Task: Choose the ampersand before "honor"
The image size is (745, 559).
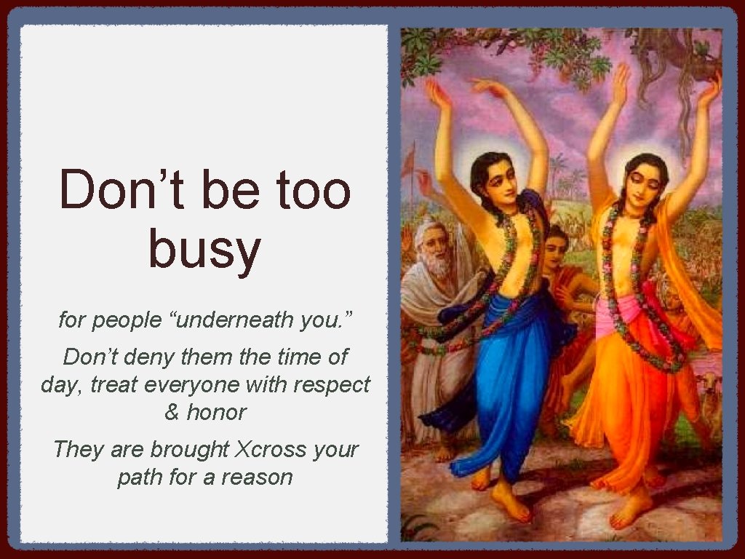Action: pos(172,412)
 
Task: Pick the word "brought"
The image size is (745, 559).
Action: pos(194,449)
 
